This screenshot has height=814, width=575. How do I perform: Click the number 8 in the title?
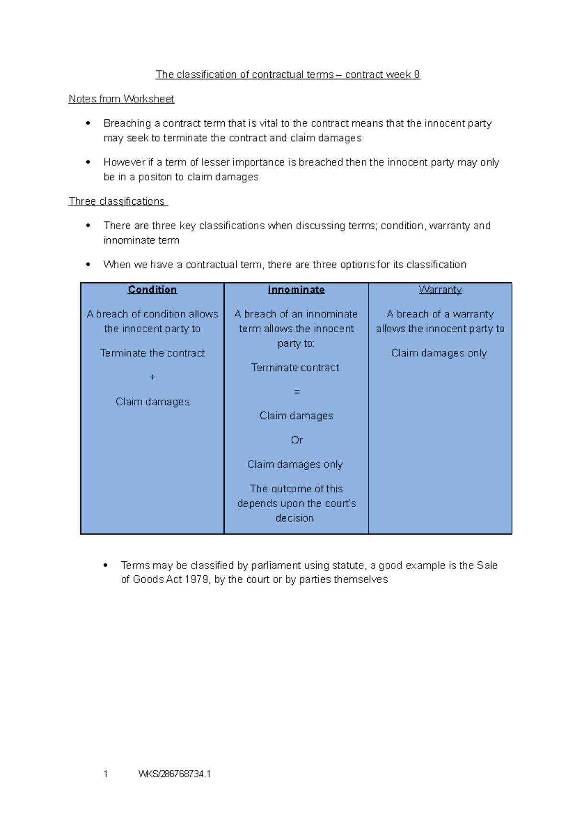(x=417, y=75)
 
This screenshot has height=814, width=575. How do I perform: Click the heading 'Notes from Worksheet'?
(x=121, y=99)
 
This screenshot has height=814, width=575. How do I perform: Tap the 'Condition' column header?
(x=152, y=290)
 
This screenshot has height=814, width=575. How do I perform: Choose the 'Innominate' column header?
(x=296, y=290)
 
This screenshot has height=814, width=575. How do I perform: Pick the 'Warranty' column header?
(x=440, y=290)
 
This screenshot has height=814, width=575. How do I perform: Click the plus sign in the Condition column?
(x=153, y=377)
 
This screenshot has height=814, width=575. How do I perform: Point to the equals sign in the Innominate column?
(x=297, y=392)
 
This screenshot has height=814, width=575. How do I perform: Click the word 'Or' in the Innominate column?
(x=297, y=440)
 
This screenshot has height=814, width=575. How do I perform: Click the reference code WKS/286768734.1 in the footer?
(x=174, y=774)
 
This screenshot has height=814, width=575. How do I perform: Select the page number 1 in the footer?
(x=105, y=774)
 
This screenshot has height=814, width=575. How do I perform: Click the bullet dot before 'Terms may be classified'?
(x=105, y=566)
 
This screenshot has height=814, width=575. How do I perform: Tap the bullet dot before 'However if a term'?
(x=88, y=163)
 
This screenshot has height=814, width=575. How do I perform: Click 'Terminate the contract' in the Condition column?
(x=152, y=353)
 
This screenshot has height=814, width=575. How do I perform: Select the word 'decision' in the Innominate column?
(x=295, y=518)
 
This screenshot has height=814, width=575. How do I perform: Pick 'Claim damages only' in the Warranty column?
(x=439, y=353)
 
